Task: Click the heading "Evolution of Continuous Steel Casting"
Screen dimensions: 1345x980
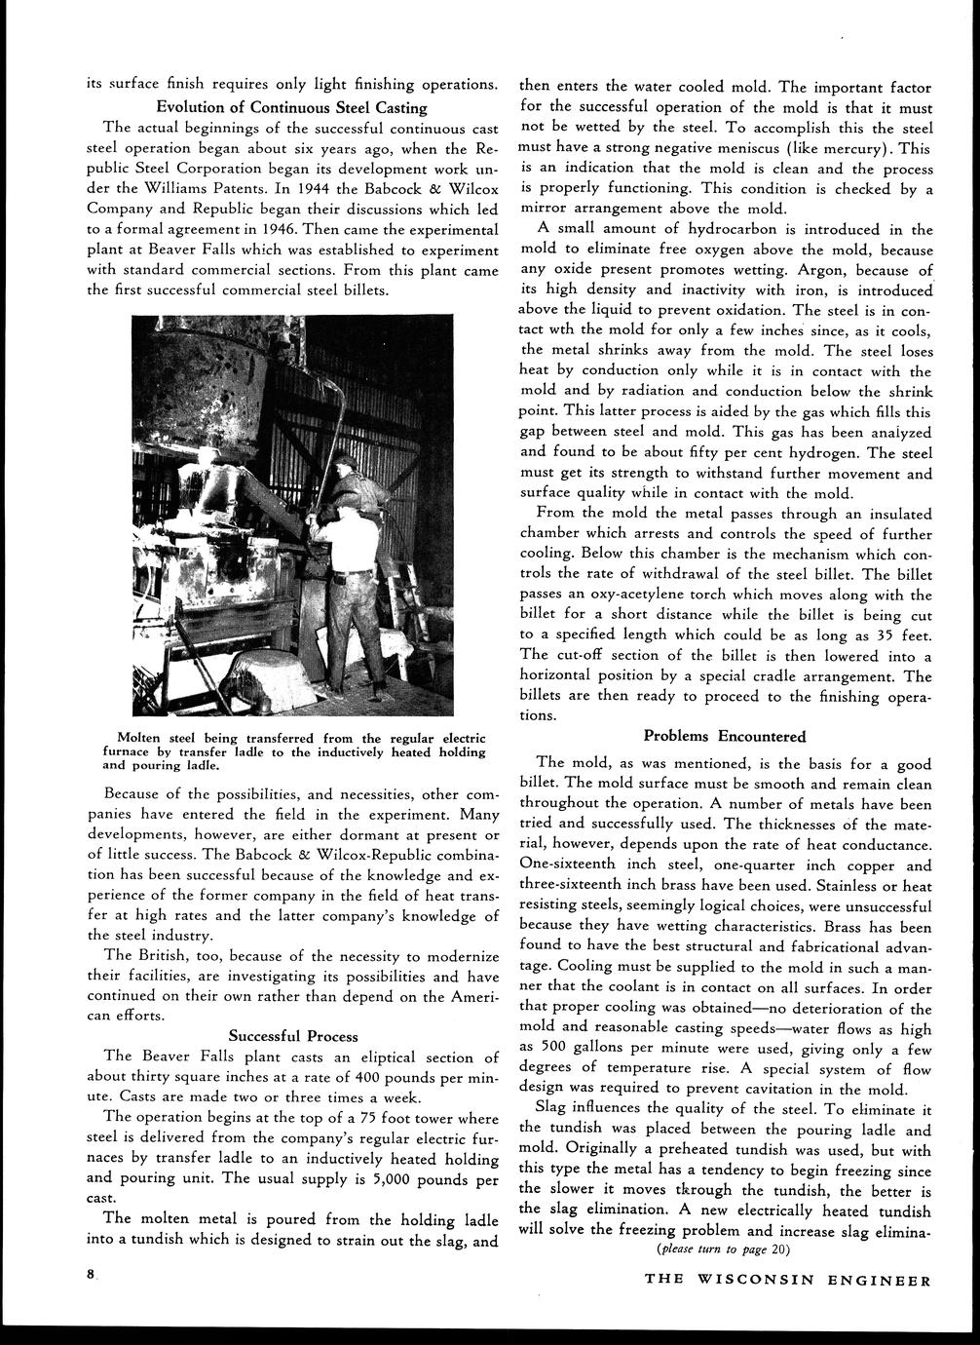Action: [292, 107]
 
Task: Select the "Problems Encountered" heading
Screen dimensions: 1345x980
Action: [725, 736]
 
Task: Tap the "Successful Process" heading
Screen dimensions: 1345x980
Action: [292, 1035]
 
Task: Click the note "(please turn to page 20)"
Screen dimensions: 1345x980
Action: [725, 1249]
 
